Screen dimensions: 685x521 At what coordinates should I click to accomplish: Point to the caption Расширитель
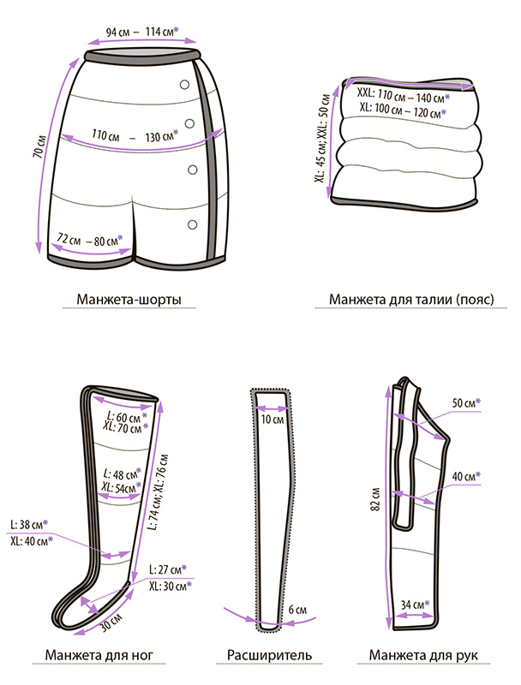[269, 656]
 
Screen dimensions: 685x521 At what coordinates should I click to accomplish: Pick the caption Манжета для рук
[423, 656]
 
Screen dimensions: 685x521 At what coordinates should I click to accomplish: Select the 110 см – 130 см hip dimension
[135, 134]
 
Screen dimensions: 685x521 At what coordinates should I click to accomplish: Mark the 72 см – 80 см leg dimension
[90, 240]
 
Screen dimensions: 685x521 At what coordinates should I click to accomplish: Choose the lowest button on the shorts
[194, 225]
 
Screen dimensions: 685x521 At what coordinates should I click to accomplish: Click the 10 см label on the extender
[272, 420]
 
